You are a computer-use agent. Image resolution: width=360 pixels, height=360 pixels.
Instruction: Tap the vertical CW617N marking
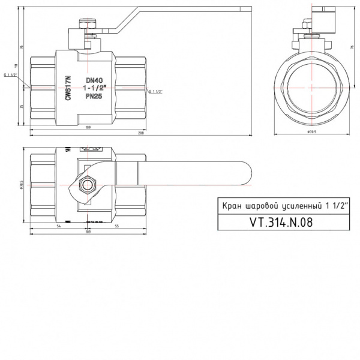pos(68,88)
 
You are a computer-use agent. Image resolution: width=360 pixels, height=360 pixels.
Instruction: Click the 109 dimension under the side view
pos(88,127)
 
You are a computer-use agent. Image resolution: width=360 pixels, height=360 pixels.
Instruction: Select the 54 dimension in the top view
pos(59,226)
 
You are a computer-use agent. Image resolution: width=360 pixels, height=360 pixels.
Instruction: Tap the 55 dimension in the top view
pos(116,226)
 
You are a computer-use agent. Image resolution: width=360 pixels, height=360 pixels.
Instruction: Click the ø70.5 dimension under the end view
pos(311,130)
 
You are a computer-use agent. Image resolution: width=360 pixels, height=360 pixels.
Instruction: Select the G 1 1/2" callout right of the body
pos(155,91)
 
